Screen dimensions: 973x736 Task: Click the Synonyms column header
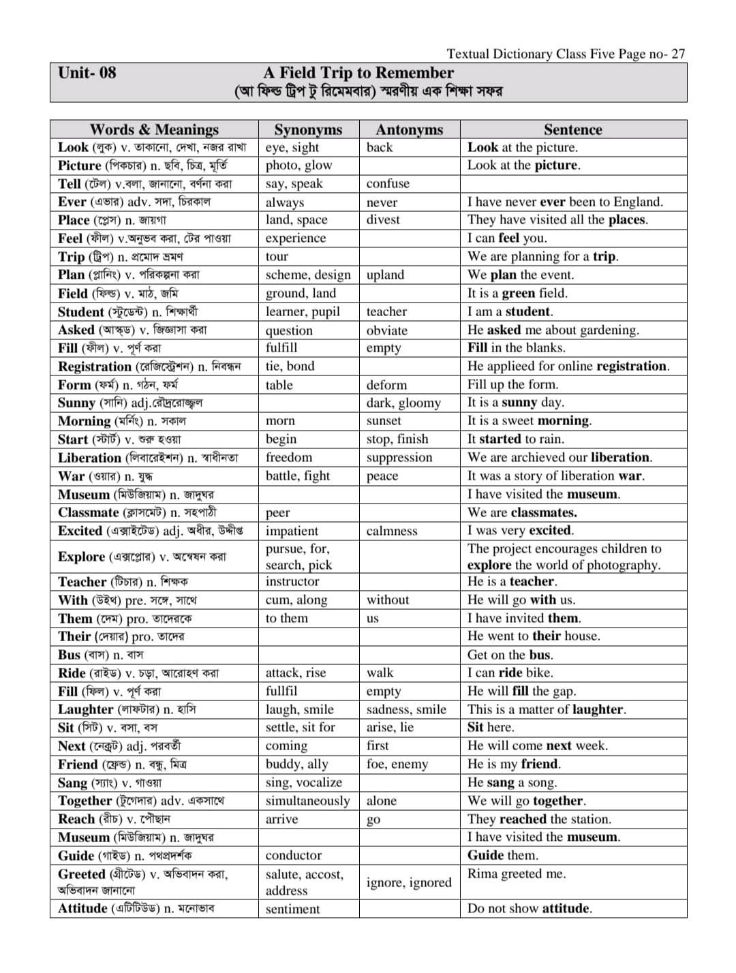coord(308,129)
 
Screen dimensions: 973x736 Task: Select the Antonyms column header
coord(409,129)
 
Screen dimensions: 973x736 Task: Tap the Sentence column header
coord(572,129)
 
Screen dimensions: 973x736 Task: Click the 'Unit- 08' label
coord(87,73)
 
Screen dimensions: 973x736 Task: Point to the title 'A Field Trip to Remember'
coord(358,73)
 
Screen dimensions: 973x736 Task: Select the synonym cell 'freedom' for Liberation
coord(289,457)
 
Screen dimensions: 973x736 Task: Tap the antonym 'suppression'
coord(399,457)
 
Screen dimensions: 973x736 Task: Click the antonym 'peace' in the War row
coord(382,476)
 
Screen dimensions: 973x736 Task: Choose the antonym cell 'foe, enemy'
coord(397,764)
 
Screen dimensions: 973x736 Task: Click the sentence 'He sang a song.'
coord(512,782)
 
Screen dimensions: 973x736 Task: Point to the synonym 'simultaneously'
coord(307,801)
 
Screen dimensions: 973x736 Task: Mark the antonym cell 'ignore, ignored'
coord(409,882)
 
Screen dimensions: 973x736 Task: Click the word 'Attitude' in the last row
coord(82,908)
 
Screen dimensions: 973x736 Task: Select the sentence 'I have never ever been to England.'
coord(565,202)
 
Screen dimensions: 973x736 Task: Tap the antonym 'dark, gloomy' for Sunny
coord(403,403)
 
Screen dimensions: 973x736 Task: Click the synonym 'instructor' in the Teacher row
coord(292,581)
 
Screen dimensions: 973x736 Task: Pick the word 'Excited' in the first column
coord(80,531)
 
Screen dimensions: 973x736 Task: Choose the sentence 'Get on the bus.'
coord(510,655)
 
